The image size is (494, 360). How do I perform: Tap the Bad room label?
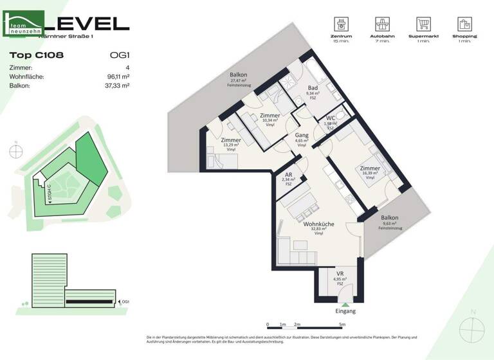313,87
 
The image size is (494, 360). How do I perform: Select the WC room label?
330,118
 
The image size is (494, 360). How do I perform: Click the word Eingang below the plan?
345,311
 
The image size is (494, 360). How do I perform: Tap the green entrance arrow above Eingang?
345,303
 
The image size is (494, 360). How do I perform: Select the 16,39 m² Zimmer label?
370,168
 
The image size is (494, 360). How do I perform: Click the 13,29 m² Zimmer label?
230,140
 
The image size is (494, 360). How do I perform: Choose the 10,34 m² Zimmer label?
270,116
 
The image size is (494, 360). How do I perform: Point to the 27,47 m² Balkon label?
239,75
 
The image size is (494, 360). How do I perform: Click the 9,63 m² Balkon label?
389,219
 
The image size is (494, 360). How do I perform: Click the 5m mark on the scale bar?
342,325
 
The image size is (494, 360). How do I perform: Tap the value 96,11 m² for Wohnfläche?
116,76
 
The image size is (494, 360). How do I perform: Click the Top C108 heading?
37,55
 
